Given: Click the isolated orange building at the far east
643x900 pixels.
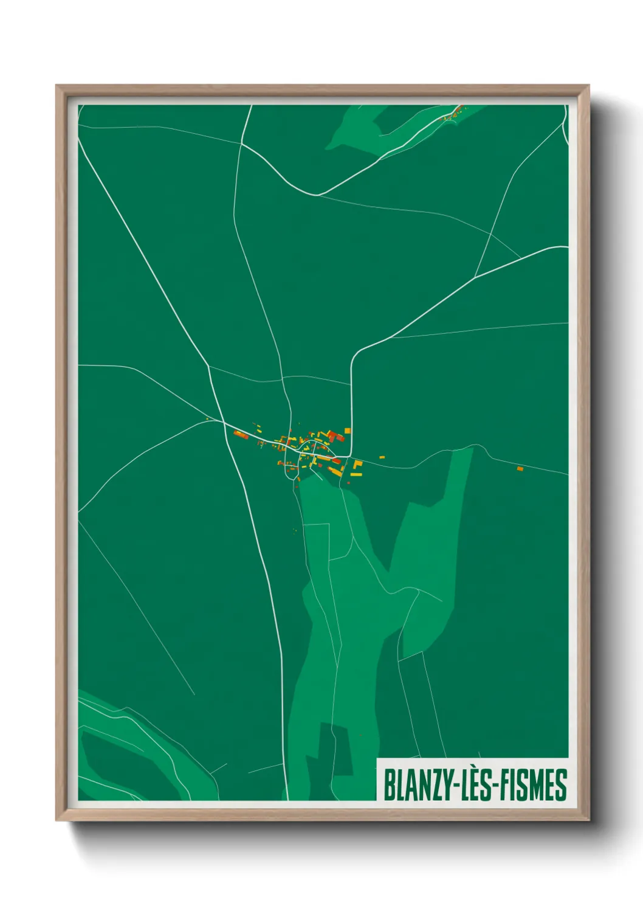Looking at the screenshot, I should (520, 469).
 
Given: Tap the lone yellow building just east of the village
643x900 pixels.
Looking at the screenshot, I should (382, 456).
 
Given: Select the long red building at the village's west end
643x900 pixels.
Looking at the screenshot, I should (241, 434).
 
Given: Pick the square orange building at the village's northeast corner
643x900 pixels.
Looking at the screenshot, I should (348, 431).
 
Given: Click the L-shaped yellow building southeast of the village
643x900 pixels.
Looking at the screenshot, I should (357, 466).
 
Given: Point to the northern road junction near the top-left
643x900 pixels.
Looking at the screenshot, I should (241, 144).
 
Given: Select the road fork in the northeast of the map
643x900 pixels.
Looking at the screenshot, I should (490, 235).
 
